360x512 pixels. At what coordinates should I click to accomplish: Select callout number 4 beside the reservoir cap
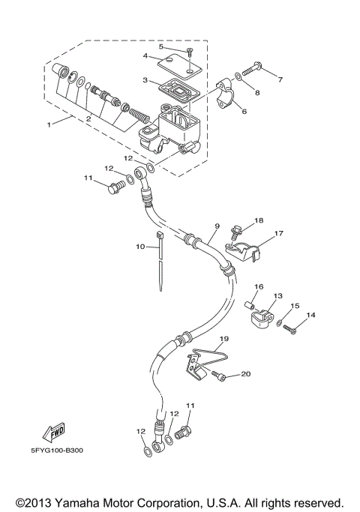tap(146, 55)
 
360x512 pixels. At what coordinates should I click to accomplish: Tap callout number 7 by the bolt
tap(280, 79)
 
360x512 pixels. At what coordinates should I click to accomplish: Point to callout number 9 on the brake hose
tap(216, 226)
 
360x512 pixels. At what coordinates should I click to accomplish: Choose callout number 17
tap(278, 233)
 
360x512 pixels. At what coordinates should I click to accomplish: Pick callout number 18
tap(258, 220)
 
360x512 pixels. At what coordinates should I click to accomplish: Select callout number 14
tap(310, 316)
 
